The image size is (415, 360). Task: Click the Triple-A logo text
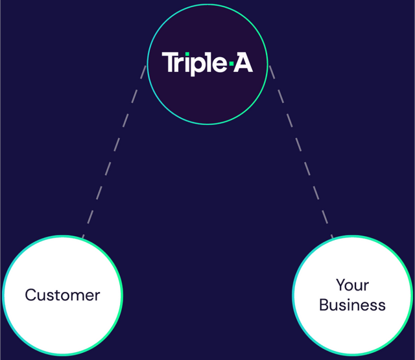(207, 64)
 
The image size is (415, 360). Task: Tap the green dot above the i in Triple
(187, 54)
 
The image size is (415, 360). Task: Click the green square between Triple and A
(231, 64)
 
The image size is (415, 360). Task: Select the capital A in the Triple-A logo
(243, 62)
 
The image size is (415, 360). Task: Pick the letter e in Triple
(220, 64)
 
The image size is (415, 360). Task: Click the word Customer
(62, 295)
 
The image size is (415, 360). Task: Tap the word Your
(352, 285)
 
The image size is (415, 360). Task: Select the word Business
(352, 305)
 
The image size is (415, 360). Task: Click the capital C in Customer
(31, 295)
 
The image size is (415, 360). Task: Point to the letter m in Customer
(76, 296)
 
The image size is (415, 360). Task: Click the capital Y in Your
(342, 285)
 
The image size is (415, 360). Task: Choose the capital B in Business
(324, 305)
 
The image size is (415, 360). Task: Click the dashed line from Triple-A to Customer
(114, 152)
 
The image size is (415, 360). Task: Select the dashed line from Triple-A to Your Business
(301, 152)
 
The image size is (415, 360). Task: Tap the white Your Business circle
(352, 331)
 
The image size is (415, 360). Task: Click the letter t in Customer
(53, 295)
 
